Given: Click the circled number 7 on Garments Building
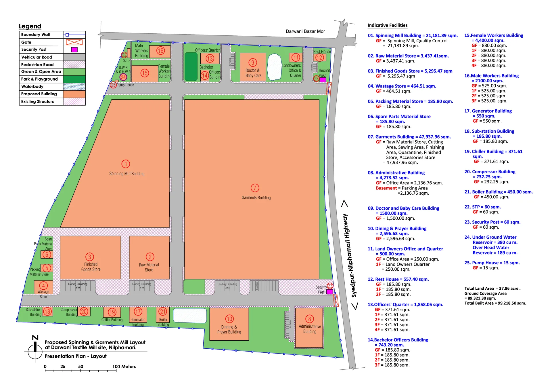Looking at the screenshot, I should point(255,188).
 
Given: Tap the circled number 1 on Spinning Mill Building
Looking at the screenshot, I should point(126,164).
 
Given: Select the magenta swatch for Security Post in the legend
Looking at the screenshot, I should point(74,50).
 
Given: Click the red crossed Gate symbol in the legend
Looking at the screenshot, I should point(74,42).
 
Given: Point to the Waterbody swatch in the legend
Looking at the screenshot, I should point(74,87).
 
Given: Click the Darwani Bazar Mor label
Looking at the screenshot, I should point(305,31).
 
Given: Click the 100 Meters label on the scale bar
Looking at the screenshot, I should point(124,367).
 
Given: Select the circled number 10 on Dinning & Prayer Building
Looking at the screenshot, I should point(229,319).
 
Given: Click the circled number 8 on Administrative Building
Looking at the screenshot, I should point(309,319).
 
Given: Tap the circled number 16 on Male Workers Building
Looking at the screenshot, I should point(160,51).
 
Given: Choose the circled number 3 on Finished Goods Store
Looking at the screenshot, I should point(90,257).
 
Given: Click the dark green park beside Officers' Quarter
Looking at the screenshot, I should point(191,67).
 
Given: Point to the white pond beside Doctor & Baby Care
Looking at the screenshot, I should point(274,67).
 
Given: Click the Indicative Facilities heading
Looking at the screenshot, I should point(387,25).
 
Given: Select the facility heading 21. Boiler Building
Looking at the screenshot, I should point(498,192).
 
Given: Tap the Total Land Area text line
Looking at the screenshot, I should point(492,288).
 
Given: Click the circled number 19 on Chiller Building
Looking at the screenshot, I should point(112,312).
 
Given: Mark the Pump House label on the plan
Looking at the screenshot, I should point(125,85).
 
